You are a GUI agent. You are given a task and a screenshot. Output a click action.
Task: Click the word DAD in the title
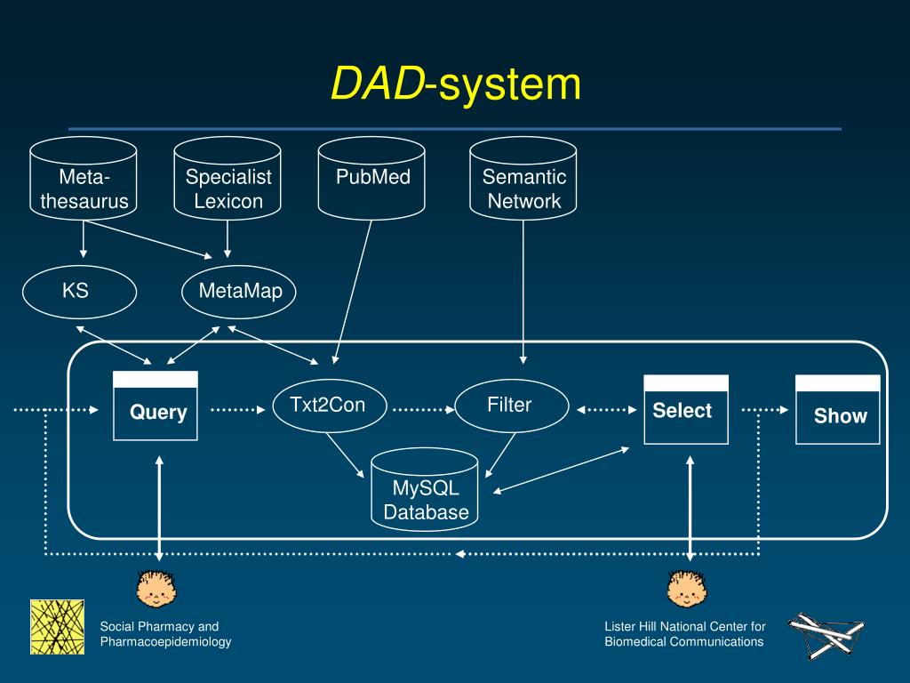pos(378,84)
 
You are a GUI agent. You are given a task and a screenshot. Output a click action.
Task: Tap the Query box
pos(156,406)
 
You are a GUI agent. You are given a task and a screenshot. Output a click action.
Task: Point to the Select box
pos(686,409)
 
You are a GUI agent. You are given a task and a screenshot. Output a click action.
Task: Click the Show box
pos(837,409)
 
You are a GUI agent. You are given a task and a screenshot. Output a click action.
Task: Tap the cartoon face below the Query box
pos(156,589)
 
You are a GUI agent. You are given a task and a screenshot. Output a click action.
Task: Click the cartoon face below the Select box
pos(687,589)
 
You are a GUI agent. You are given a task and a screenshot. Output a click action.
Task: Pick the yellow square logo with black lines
pos(58,627)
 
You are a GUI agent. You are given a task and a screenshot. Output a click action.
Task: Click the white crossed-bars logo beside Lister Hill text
pos(826,636)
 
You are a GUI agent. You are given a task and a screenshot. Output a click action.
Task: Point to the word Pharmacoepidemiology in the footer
pos(165,642)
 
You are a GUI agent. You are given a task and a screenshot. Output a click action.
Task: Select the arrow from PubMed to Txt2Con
pos(352,292)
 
